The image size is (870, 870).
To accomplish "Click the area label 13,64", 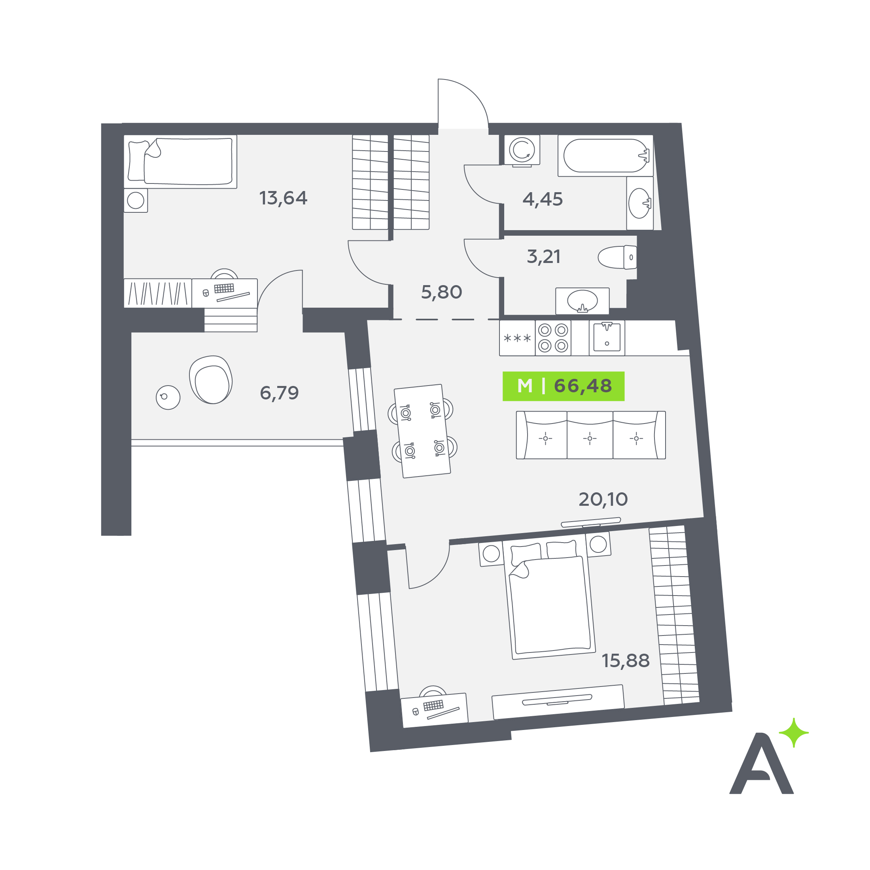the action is point(283,198).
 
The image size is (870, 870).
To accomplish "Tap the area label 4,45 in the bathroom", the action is point(543,199).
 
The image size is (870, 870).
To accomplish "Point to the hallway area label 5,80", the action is point(441,292).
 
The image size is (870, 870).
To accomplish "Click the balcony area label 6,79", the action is point(279,393).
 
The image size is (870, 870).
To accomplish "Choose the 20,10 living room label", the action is point(603,499).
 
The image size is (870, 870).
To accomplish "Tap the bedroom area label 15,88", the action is point(626,660).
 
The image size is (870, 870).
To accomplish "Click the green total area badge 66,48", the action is point(564,386).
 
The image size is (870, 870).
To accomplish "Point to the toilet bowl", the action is point(617,257).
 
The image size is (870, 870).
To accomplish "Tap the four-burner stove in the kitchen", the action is point(553,338).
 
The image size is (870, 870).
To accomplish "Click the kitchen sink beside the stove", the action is point(607,338).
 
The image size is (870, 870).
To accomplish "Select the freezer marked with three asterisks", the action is point(517,338).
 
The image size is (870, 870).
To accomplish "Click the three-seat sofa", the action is point(591,435).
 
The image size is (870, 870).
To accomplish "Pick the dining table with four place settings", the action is point(422,431).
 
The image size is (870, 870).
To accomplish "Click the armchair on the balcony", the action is point(211,379).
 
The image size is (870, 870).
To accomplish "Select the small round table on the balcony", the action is point(168,397).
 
